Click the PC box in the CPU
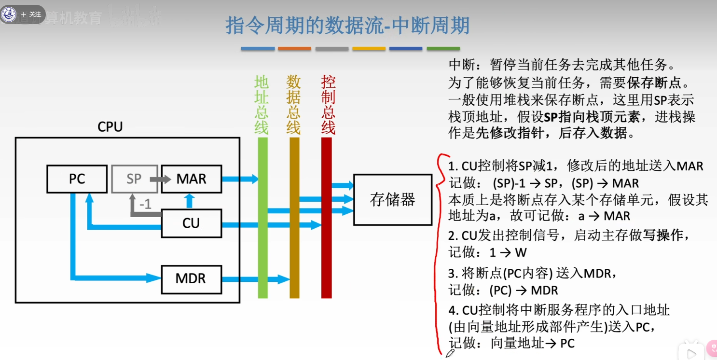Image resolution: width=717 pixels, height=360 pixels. coord(77,179)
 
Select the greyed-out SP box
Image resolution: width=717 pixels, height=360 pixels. coord(134,179)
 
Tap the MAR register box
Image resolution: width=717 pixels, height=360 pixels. coord(191,179)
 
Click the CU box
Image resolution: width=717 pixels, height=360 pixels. coord(191,223)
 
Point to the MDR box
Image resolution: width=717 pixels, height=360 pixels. coord(191,279)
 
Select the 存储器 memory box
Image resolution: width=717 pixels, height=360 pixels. coord(392,200)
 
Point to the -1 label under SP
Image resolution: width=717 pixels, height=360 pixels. coord(145,205)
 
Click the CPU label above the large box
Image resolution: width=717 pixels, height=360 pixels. coord(110,127)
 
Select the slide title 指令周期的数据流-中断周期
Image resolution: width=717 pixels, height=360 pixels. coord(347,26)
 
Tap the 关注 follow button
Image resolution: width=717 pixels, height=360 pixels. coord(31,14)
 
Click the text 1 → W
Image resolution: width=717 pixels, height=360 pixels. coord(508,252)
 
